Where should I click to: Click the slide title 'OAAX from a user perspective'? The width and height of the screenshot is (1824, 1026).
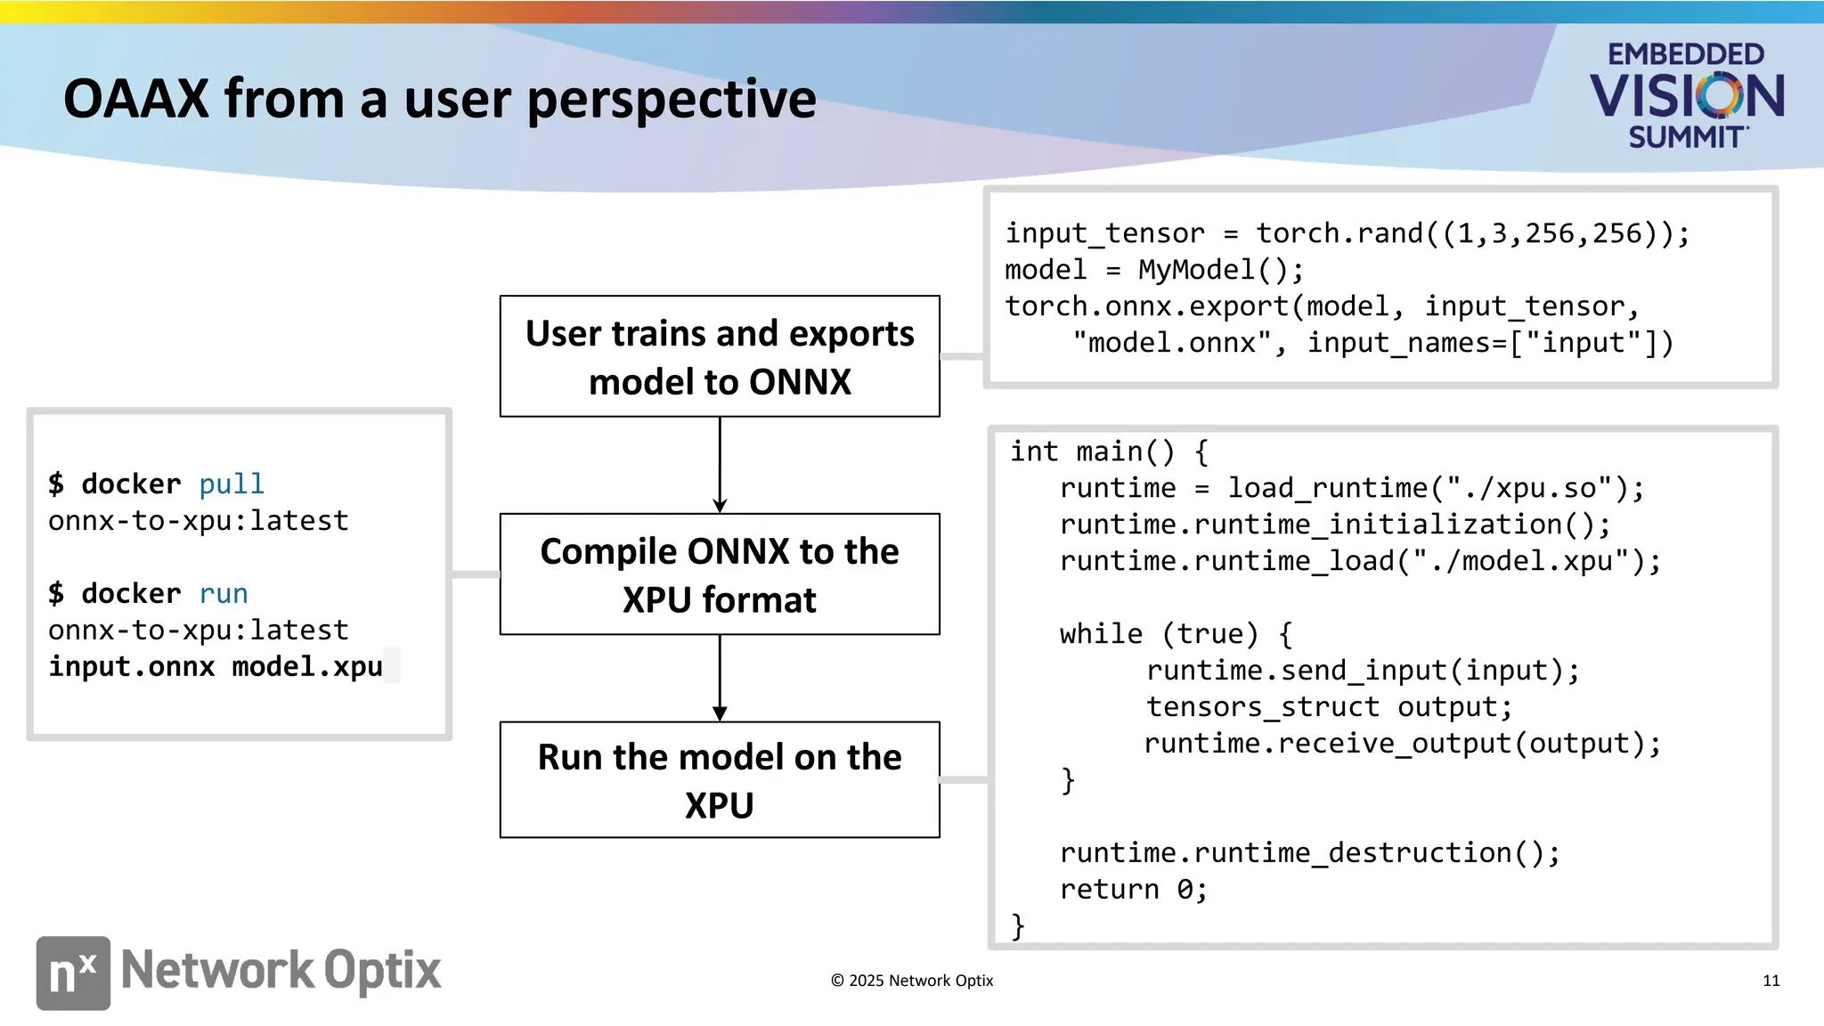439,99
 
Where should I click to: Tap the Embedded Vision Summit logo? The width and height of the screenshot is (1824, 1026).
1686,94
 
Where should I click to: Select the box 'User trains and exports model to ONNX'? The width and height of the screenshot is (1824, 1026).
720,356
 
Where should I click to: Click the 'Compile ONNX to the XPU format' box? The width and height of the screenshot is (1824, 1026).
720,574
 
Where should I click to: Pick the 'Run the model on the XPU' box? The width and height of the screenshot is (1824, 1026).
720,780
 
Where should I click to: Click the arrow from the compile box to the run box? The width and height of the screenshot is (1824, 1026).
720,678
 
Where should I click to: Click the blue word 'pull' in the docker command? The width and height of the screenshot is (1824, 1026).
232,484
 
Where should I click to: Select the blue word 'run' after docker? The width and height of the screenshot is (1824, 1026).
224,594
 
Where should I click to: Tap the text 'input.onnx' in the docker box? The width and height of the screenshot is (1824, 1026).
132,667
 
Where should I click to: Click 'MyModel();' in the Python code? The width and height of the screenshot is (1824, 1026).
1221,270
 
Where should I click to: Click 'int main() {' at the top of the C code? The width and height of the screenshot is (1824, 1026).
1109,452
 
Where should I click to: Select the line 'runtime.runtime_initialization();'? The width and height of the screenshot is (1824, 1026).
1334,525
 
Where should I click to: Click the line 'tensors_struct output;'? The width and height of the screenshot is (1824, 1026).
1329,707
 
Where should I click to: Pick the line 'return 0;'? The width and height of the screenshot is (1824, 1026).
1133,890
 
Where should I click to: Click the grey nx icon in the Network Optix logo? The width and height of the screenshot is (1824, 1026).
73,973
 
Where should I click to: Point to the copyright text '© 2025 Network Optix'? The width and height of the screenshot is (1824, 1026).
912,981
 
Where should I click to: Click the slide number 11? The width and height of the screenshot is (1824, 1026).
1771,981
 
